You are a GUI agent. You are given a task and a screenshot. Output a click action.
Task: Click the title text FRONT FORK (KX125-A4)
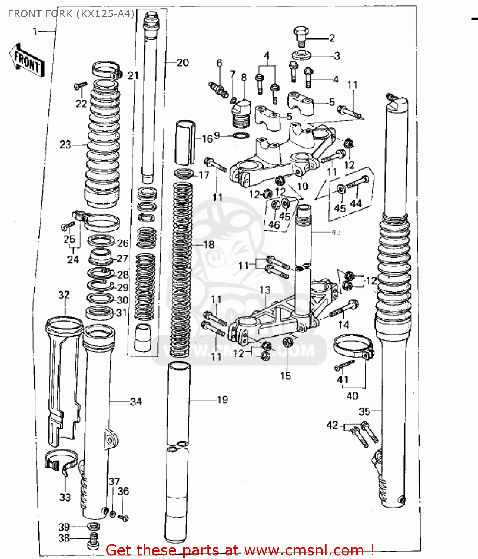click(x=71, y=14)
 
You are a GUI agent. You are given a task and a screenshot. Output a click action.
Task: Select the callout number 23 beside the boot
click(x=65, y=145)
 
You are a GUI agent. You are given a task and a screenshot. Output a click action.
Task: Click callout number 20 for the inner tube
click(x=183, y=63)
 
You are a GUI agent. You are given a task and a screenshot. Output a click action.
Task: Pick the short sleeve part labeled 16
click(x=185, y=142)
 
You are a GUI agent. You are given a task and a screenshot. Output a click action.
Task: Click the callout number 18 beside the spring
click(x=209, y=244)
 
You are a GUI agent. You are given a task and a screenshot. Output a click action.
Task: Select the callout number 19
click(x=222, y=400)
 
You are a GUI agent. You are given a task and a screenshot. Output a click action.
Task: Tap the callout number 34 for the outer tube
click(x=136, y=402)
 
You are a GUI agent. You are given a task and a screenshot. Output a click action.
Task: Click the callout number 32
click(x=64, y=295)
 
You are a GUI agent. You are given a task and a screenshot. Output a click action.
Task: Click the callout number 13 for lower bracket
click(x=265, y=290)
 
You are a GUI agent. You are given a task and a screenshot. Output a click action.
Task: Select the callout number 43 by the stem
click(x=336, y=232)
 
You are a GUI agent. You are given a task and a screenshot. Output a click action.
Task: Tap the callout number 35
click(x=364, y=411)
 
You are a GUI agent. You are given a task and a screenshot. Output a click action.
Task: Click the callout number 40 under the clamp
click(x=352, y=396)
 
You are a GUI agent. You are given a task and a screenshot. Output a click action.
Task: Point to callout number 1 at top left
click(x=35, y=32)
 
